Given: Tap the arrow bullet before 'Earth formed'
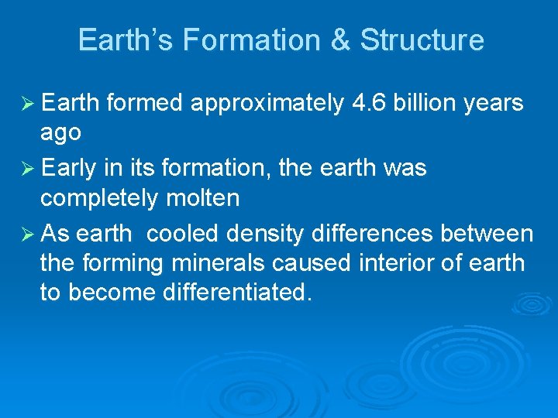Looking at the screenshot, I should (x=23, y=104).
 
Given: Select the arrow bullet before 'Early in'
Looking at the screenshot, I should (x=23, y=169).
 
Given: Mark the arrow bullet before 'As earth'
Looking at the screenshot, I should (x=23, y=234).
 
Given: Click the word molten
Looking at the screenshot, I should (x=204, y=198).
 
